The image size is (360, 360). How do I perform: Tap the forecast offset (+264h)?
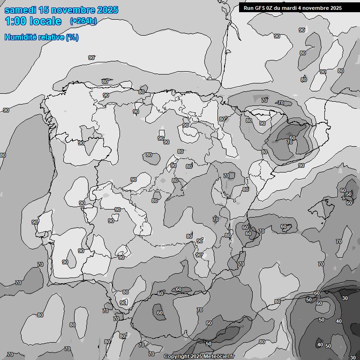tap(83, 21)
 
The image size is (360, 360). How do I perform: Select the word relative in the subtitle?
tap(51, 37)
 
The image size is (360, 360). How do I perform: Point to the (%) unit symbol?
tap(72, 37)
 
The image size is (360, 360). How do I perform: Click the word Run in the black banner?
tap(248, 8)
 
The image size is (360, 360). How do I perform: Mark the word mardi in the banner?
tap(293, 8)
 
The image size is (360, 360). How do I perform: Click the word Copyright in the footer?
tap(176, 357)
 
